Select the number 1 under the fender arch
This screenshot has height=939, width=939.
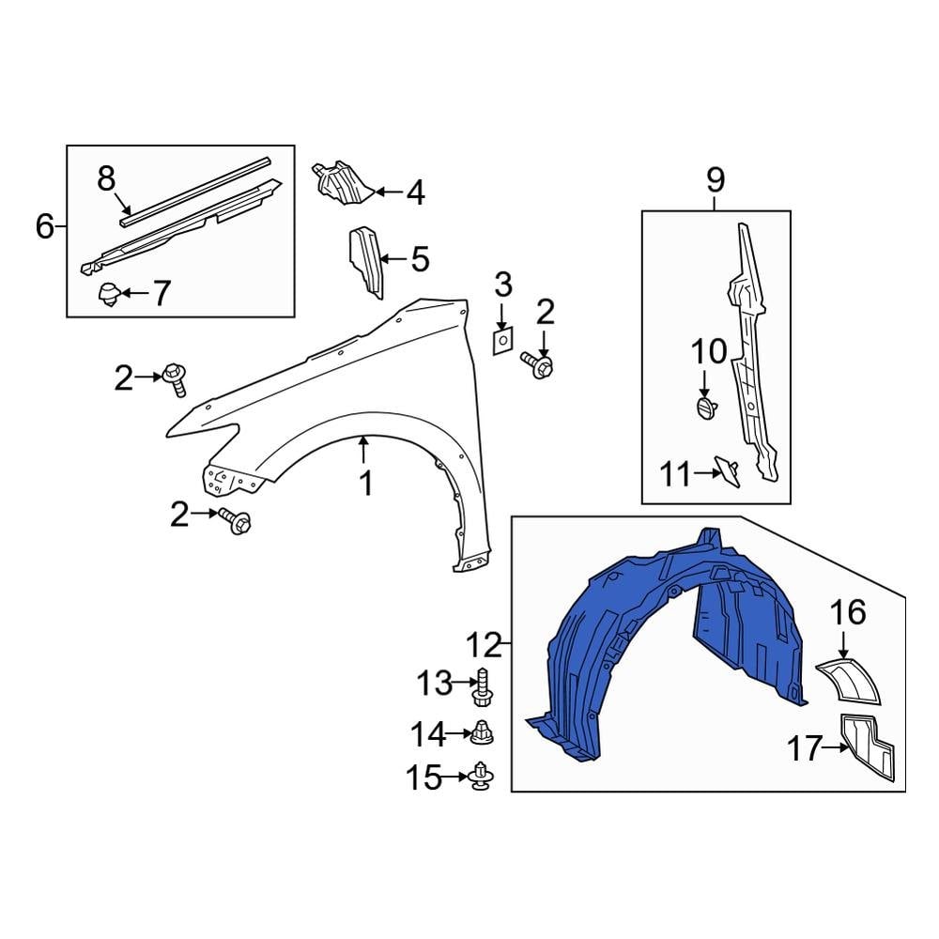point(365,484)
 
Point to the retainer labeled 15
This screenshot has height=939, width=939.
point(484,776)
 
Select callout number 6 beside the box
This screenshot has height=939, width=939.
point(44,226)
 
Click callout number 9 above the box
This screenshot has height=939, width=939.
point(716,178)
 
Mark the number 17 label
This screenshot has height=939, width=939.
point(804,748)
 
